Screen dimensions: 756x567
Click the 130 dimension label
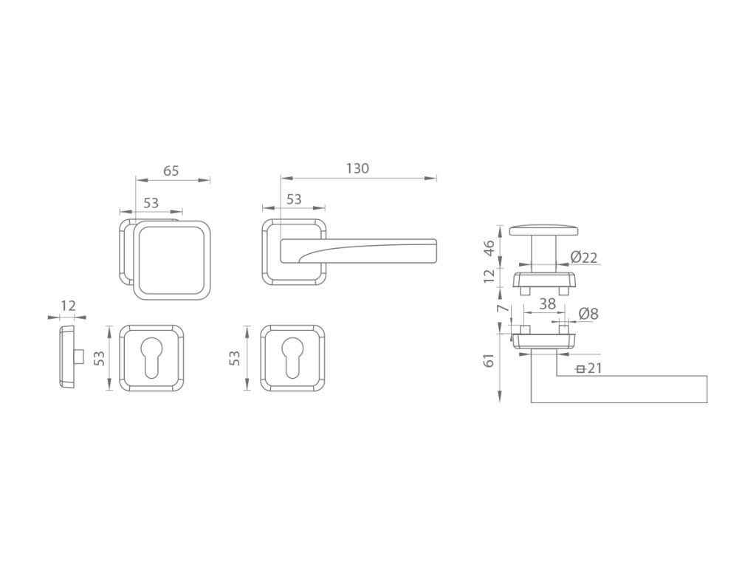point(357,168)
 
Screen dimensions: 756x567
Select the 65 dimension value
point(171,171)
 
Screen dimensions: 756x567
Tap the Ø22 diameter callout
point(584,258)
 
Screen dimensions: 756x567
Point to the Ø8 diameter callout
point(588,314)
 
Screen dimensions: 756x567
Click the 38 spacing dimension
point(547,303)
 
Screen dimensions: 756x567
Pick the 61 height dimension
point(489,360)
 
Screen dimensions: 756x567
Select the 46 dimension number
point(489,248)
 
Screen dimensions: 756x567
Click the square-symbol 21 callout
point(589,369)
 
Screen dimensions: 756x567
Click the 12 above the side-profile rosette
point(69,306)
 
